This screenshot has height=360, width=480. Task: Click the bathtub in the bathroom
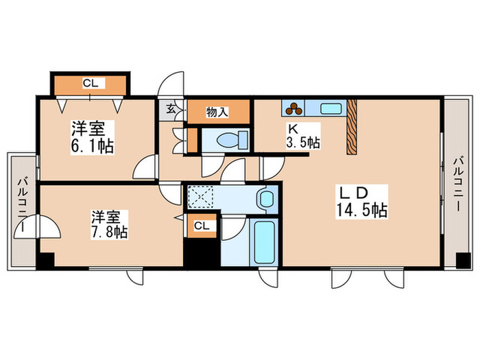click(263, 243)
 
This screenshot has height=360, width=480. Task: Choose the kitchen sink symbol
click(331, 108)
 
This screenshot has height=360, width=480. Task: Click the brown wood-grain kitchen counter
click(352, 125)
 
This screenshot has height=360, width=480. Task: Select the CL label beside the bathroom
click(202, 225)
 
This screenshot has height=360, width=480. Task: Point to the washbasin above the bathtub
click(265, 200)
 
